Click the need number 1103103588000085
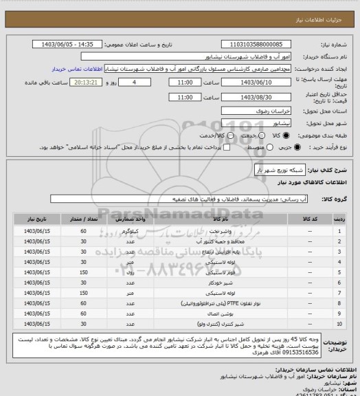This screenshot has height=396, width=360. click(x=268, y=44)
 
